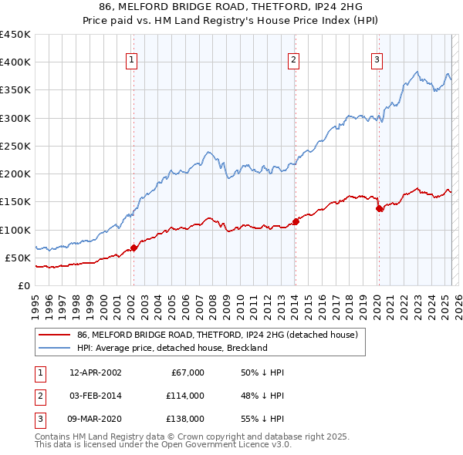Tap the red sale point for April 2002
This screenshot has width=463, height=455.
click(133, 248)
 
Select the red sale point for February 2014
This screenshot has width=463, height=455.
click(296, 222)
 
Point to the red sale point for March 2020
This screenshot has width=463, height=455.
click(379, 208)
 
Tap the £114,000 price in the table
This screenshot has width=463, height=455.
click(187, 396)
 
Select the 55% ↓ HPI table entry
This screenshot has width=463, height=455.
click(262, 419)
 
